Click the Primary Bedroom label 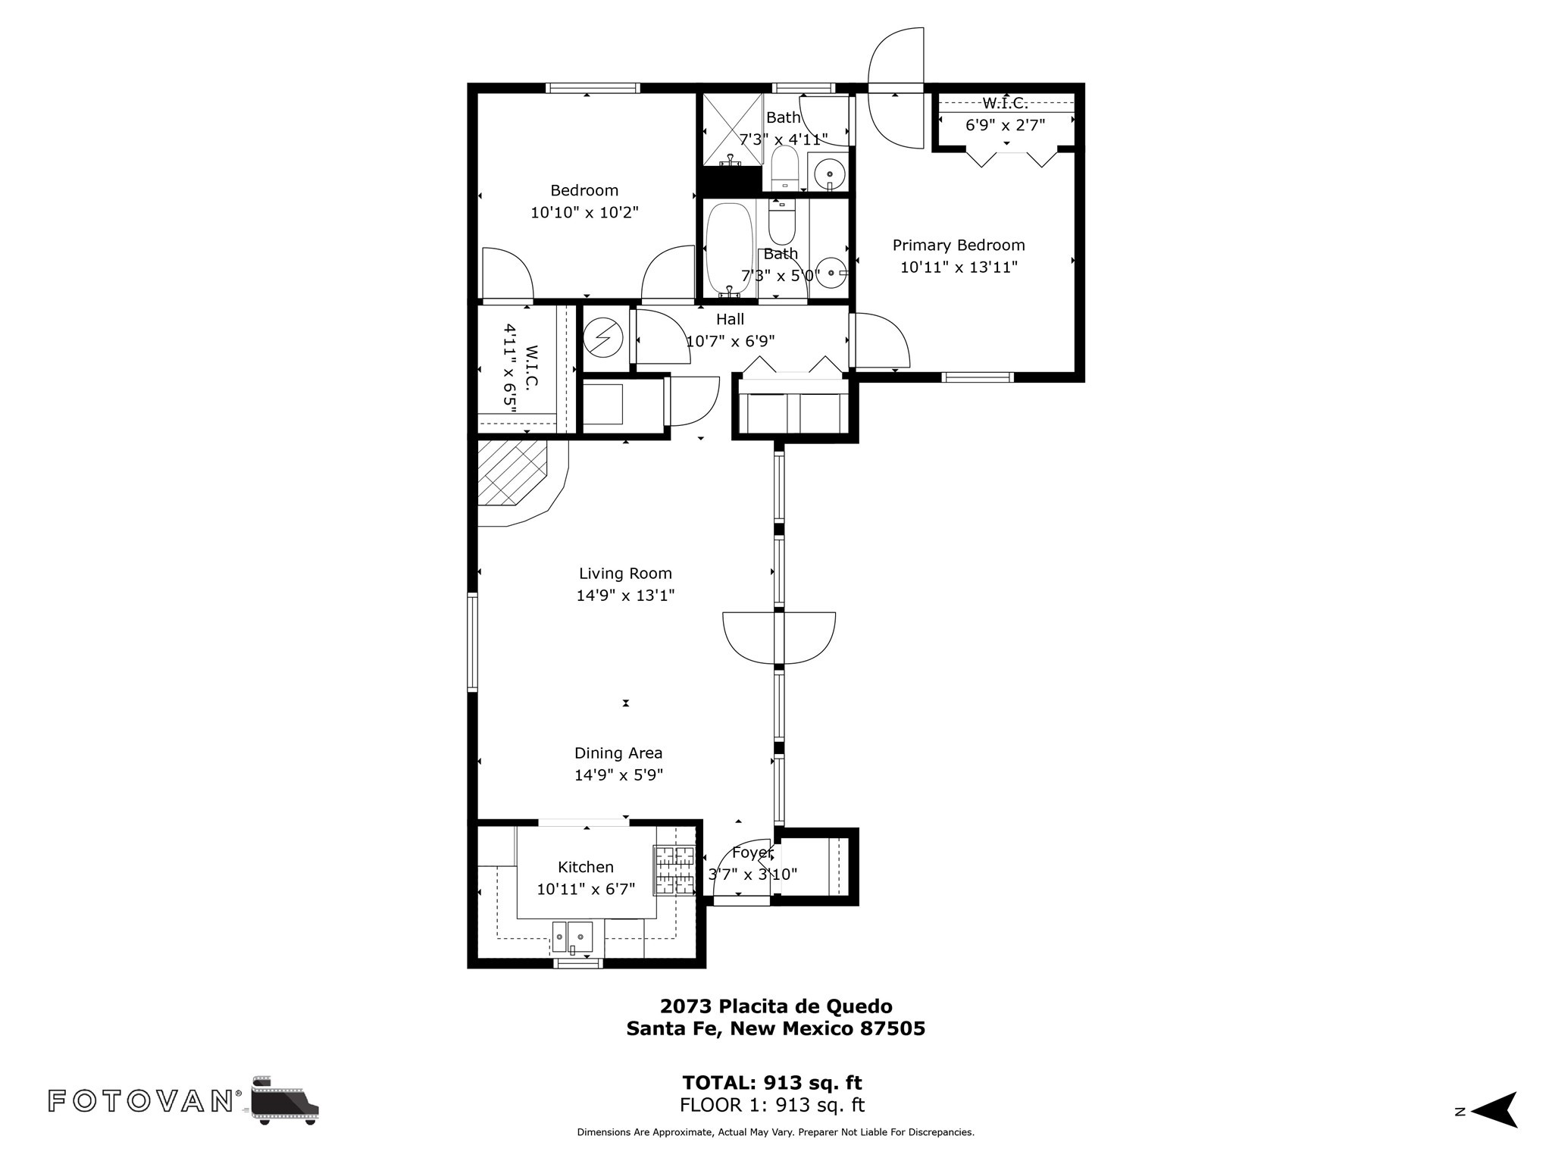click(x=959, y=246)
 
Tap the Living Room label click(x=625, y=574)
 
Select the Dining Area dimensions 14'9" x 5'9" click(x=619, y=775)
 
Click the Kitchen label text click(x=586, y=867)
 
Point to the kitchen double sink click(x=572, y=937)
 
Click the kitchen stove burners click(x=674, y=870)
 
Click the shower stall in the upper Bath click(x=733, y=130)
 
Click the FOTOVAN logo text click(x=141, y=1101)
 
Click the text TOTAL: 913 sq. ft click(x=772, y=1082)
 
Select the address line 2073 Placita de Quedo click(x=776, y=1006)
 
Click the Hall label click(x=730, y=319)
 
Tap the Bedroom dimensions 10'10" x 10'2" click(x=584, y=212)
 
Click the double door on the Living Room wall click(x=779, y=637)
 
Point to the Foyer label click(x=752, y=853)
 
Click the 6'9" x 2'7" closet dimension click(x=1006, y=125)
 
